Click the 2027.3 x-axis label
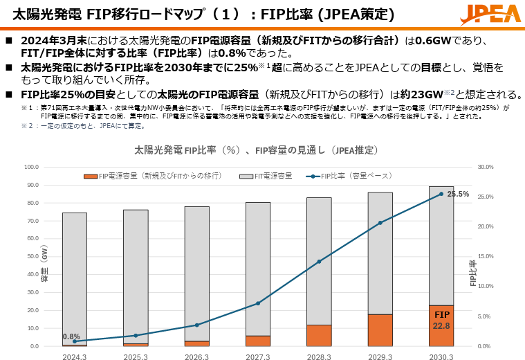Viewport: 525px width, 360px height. click(x=258, y=357)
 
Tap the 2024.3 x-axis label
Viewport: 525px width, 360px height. click(x=75, y=357)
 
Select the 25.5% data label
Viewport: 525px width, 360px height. click(x=458, y=195)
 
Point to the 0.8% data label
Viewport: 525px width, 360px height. click(x=71, y=336)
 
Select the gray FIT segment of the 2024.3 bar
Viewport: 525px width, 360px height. click(x=75, y=277)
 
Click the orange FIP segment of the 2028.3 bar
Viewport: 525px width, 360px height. click(x=319, y=335)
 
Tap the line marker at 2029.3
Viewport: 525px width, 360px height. click(x=380, y=223)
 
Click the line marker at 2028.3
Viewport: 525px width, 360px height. click(x=319, y=262)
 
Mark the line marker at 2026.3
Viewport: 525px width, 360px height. click(x=197, y=325)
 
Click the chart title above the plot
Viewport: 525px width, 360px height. click(x=256, y=150)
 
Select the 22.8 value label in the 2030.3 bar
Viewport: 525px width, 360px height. click(x=441, y=325)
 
